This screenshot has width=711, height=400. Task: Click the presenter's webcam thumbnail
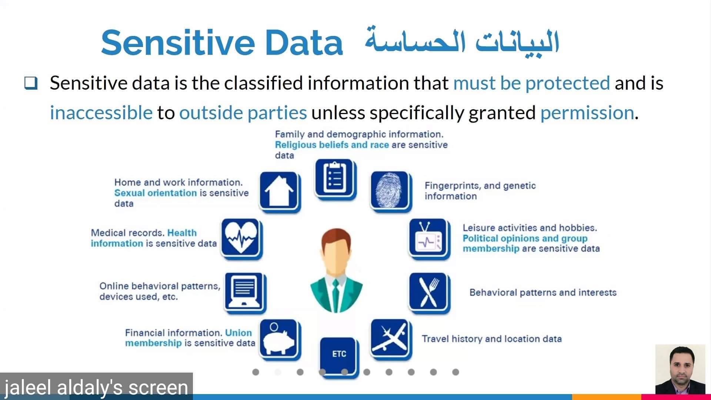(x=680, y=369)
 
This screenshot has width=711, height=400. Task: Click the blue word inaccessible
(x=101, y=113)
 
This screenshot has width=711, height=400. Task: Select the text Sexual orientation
(x=156, y=193)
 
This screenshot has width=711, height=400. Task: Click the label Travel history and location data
(x=492, y=339)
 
